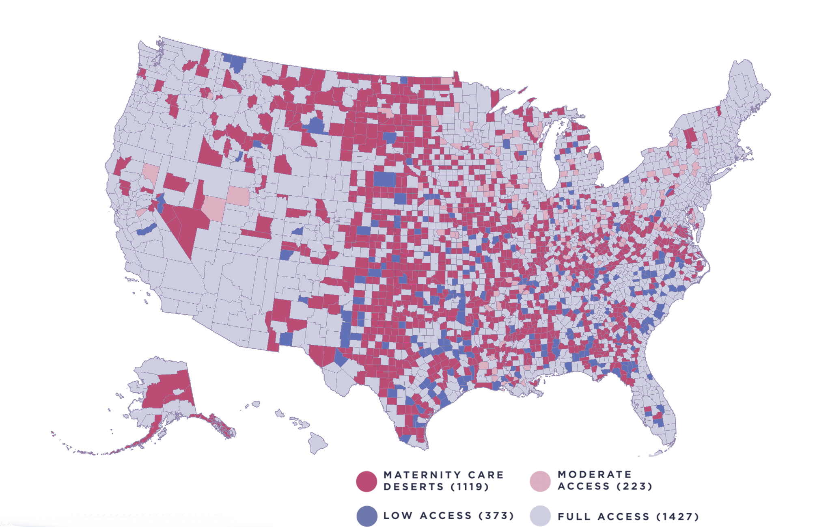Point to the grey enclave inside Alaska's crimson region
pyautogui.click(x=179, y=392)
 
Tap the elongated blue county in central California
pyautogui.click(x=147, y=230)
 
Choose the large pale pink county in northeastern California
pyautogui.click(x=151, y=173)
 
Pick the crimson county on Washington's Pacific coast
pyautogui.click(x=142, y=73)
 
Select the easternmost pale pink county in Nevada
pyautogui.click(x=237, y=196)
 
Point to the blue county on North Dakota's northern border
pyautogui.click(x=404, y=80)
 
